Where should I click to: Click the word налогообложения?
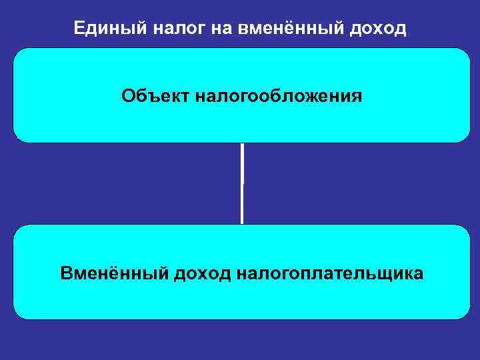pyautogui.click(x=280, y=96)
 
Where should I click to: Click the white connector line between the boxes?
pyautogui.click(x=242, y=183)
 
